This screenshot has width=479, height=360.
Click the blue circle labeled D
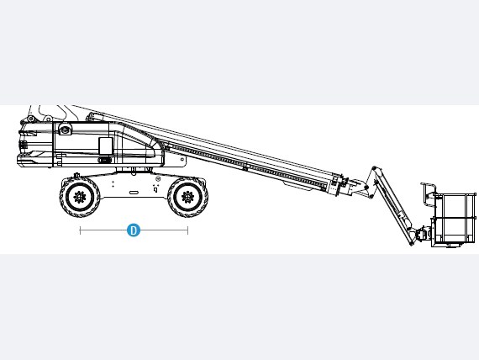pyautogui.click(x=134, y=230)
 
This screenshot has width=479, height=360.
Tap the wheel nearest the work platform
pyautogui.click(x=187, y=197)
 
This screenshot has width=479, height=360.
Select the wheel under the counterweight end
pyautogui.click(x=80, y=197)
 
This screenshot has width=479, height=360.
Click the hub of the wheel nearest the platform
pyautogui.click(x=187, y=197)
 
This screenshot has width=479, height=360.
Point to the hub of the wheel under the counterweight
pyautogui.click(x=80, y=197)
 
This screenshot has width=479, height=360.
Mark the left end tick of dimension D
pyautogui.click(x=80, y=230)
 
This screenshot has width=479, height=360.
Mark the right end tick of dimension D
pyautogui.click(x=188, y=230)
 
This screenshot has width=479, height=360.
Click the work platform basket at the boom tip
pyautogui.click(x=454, y=220)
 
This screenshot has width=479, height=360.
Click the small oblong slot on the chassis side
pyautogui.click(x=134, y=193)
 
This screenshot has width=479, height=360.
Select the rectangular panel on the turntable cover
pyautogui.click(x=106, y=146)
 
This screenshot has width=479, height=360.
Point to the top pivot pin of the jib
pyautogui.click(x=374, y=168)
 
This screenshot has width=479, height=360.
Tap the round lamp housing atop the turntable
pyautogui.click(x=65, y=129)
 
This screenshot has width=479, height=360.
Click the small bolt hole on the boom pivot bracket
pyautogui.click(x=182, y=159)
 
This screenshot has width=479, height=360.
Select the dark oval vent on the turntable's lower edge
pyautogui.click(x=104, y=160)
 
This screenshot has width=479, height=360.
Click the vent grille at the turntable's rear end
pyautogui.click(x=24, y=145)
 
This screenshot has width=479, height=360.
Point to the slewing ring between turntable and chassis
pyautogui.click(x=134, y=170)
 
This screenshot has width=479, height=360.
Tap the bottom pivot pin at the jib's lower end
pyautogui.click(x=411, y=244)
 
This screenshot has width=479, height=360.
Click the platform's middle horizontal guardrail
pyautogui.click(x=453, y=218)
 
